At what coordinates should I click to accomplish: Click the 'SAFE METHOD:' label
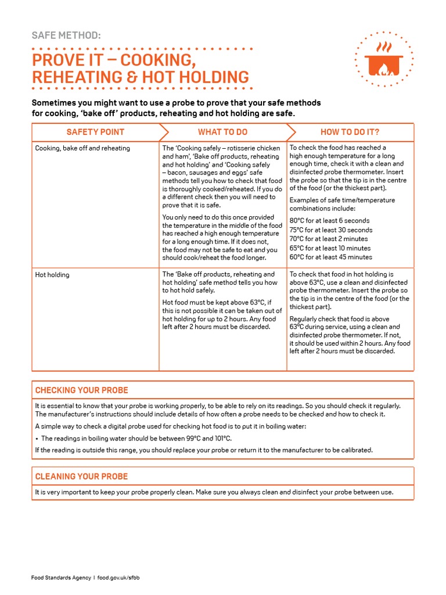[x=66, y=35]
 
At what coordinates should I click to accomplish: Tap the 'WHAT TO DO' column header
[x=222, y=132]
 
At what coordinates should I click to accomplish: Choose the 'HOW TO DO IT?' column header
[x=350, y=132]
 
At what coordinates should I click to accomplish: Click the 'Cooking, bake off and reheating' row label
[x=82, y=148]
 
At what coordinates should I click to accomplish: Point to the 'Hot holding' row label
[x=52, y=275]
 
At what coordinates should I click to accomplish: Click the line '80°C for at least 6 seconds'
[x=329, y=221]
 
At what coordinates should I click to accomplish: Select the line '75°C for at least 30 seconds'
[x=331, y=230]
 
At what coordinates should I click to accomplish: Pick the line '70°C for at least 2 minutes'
[x=329, y=239]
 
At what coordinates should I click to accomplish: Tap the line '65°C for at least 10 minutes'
[x=330, y=248]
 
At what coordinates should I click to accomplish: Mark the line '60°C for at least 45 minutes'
[x=331, y=257]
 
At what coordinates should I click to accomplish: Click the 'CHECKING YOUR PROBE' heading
[x=82, y=390]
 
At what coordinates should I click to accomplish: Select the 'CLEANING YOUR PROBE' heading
[x=81, y=476]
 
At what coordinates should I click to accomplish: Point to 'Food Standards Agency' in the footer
[x=61, y=578]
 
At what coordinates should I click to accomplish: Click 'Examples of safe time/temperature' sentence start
[x=342, y=200]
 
